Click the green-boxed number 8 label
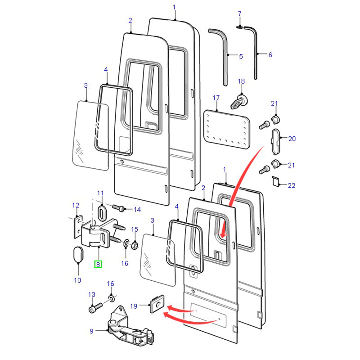coord(98,264)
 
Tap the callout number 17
coord(216,98)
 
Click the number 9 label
coord(91,331)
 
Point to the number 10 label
coord(77,280)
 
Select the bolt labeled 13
coord(94,309)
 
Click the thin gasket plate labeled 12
coord(77,229)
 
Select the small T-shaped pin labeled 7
coord(240,27)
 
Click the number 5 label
coord(241,57)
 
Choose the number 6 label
coord(270,55)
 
